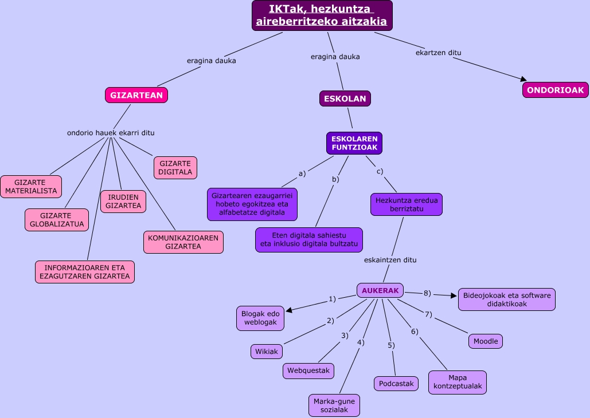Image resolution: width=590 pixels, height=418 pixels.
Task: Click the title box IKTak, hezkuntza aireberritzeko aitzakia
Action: click(x=322, y=15)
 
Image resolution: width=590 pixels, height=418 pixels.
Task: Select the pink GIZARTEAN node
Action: click(x=136, y=95)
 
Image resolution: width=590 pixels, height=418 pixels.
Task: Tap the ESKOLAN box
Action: click(x=345, y=98)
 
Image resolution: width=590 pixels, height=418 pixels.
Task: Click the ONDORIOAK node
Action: click(x=555, y=90)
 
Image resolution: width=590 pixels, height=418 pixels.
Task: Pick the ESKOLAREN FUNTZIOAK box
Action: click(x=354, y=143)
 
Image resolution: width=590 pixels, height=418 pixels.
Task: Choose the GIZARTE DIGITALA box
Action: click(x=175, y=168)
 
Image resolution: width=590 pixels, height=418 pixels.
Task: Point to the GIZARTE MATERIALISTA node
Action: click(x=31, y=187)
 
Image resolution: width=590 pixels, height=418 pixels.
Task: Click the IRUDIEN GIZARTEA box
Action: click(x=123, y=202)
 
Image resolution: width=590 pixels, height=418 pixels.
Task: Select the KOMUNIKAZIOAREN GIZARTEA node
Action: click(x=183, y=242)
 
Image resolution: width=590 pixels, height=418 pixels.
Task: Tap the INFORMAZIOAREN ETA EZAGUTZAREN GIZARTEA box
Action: click(x=84, y=272)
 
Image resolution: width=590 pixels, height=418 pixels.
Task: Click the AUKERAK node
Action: click(x=380, y=290)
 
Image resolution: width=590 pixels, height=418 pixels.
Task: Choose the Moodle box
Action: click(x=486, y=341)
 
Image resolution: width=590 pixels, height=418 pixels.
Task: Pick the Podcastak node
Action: click(x=396, y=384)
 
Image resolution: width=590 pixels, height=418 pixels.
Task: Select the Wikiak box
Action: click(x=267, y=352)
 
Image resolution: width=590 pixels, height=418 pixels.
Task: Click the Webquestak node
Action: click(x=308, y=371)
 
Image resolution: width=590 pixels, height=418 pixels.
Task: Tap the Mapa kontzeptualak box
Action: click(x=458, y=382)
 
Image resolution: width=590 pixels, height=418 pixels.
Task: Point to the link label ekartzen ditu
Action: click(x=439, y=53)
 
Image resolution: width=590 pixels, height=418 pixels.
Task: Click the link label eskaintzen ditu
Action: click(x=390, y=259)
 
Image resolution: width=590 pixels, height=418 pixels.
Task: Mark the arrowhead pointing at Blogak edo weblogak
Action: click(x=289, y=310)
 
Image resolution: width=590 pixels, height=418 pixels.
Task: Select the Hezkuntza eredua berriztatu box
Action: click(x=407, y=204)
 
